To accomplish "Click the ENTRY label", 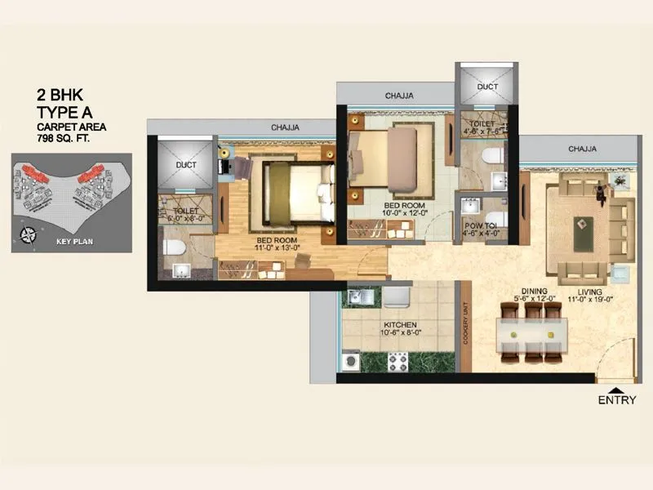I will (618, 400).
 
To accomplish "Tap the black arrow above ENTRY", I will (618, 387).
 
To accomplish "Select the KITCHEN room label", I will (400, 324).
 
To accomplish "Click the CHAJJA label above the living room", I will (582, 149).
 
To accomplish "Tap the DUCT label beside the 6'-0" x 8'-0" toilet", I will (186, 164).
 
